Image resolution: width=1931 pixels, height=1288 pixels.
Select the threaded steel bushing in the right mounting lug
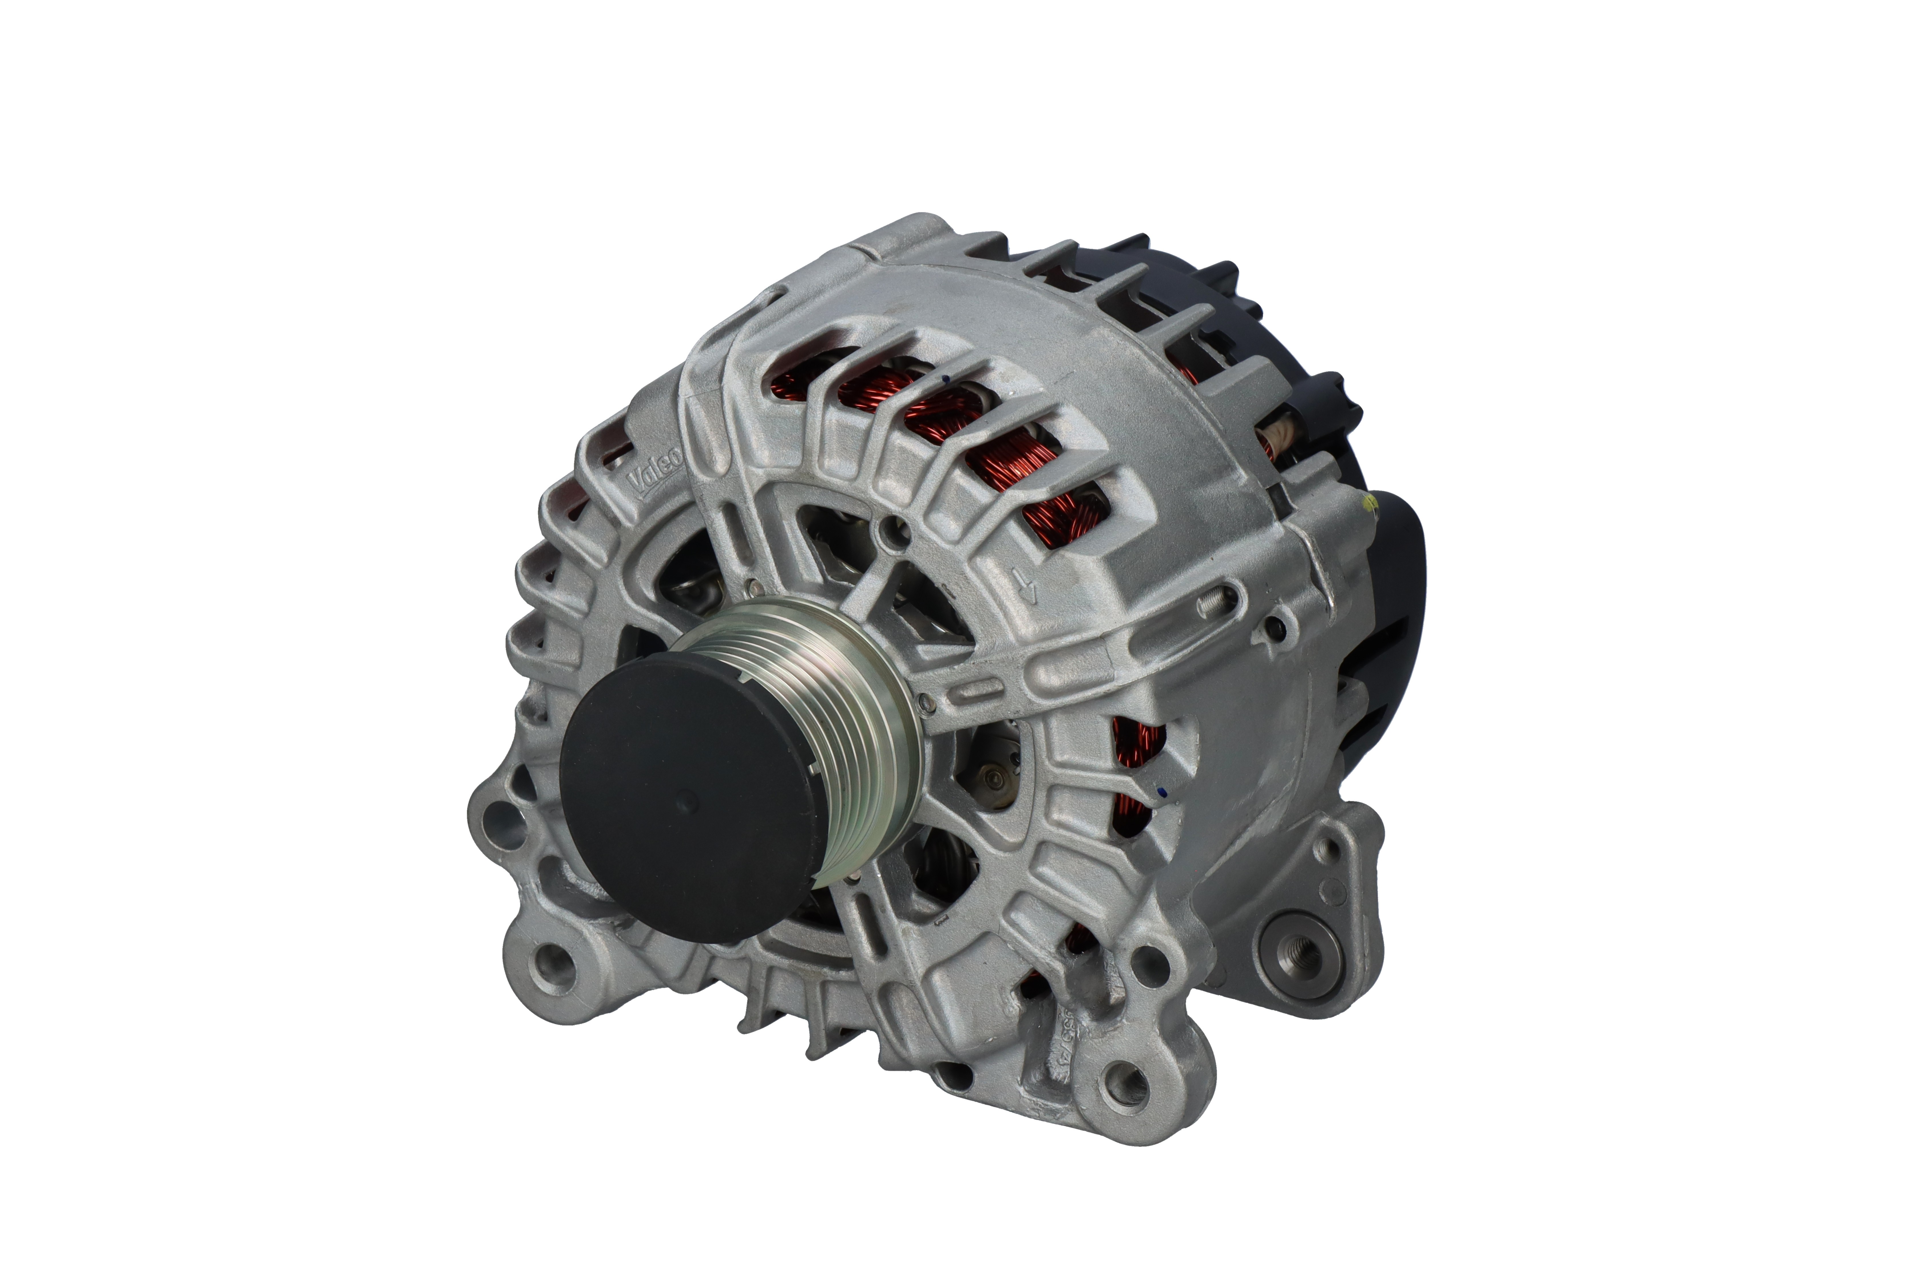coord(1299,955)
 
